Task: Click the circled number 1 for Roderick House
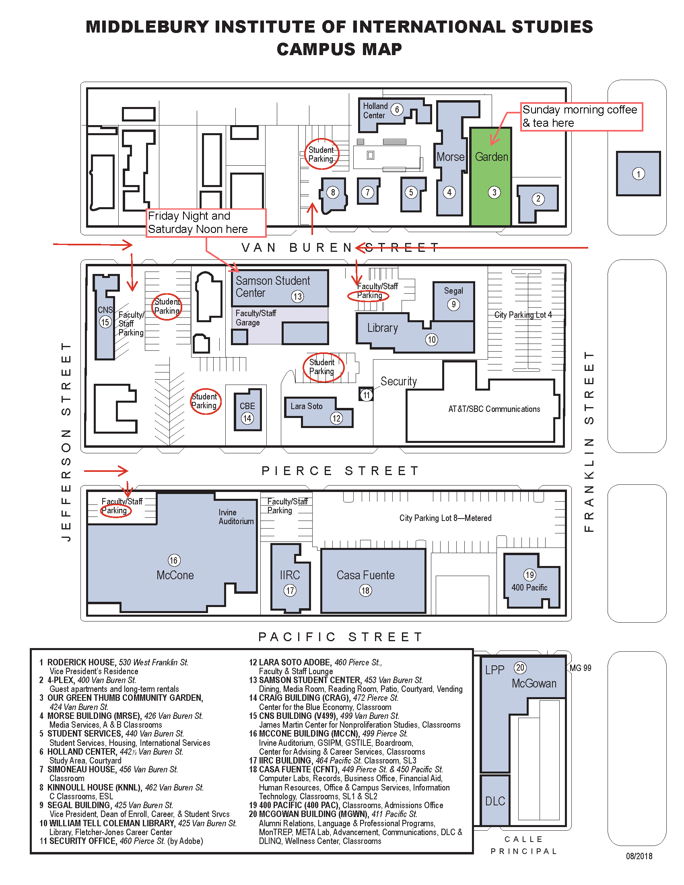[x=638, y=174]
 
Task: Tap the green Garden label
[x=491, y=157]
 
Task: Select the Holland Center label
[x=375, y=111]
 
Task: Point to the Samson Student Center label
[x=272, y=286]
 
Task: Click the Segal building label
[x=453, y=290]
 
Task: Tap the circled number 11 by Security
[x=366, y=395]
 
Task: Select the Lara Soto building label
[x=306, y=406]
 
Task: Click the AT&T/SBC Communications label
[x=494, y=409]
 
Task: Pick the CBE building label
[x=247, y=406]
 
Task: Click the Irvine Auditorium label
[x=236, y=517]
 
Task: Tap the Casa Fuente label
[x=365, y=575]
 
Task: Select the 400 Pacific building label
[x=529, y=587]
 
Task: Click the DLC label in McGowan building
[x=495, y=801]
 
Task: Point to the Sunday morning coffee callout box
[x=581, y=116]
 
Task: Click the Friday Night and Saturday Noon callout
[x=206, y=222]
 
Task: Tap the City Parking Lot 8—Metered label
[x=445, y=518]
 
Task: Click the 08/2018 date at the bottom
[x=639, y=856]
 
